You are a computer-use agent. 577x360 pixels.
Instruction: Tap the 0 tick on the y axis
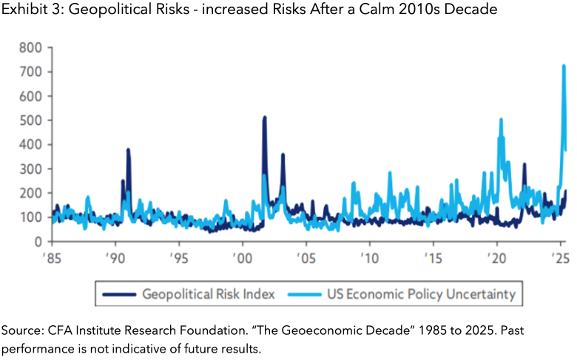coord(37,242)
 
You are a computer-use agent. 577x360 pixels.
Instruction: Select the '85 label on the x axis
coord(53,259)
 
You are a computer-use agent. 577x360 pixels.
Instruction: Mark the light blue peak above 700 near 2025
coord(564,66)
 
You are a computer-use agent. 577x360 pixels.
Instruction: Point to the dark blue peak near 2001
coord(264,118)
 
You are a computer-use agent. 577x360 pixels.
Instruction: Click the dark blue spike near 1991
coord(128,150)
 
